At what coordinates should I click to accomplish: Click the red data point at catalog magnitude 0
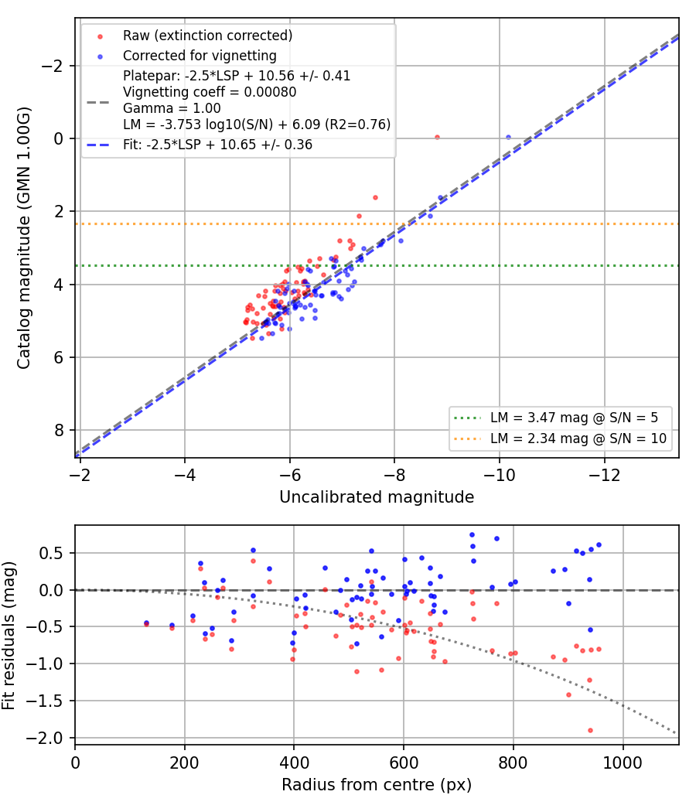pos(437,137)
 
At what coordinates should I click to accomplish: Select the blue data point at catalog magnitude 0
pos(508,137)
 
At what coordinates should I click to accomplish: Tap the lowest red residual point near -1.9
pos(590,730)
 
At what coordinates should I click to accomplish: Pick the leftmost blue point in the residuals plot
pos(146,623)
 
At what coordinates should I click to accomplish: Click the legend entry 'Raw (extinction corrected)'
pos(207,36)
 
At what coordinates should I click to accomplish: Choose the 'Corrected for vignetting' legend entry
pos(200,56)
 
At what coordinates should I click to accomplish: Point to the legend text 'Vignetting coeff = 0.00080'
pos(210,92)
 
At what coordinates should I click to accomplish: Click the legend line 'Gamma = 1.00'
pos(172,108)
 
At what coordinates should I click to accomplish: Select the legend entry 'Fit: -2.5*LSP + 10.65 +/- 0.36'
pos(217,145)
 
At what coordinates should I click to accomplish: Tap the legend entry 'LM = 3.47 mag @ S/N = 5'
pos(574,418)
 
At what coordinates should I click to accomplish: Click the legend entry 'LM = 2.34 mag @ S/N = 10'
pos(578,438)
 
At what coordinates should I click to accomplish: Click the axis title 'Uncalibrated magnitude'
pos(377,497)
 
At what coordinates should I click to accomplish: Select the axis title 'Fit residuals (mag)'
pos(9,636)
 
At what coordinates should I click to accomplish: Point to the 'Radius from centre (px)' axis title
pos(377,785)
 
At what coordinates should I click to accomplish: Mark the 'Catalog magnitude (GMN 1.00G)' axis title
pos(23,237)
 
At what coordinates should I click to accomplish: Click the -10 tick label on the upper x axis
pos(500,475)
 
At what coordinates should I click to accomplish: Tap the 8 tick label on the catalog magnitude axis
pos(60,430)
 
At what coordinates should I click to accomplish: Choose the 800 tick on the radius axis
pos(513,763)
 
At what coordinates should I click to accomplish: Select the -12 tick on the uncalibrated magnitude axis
pos(604,475)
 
